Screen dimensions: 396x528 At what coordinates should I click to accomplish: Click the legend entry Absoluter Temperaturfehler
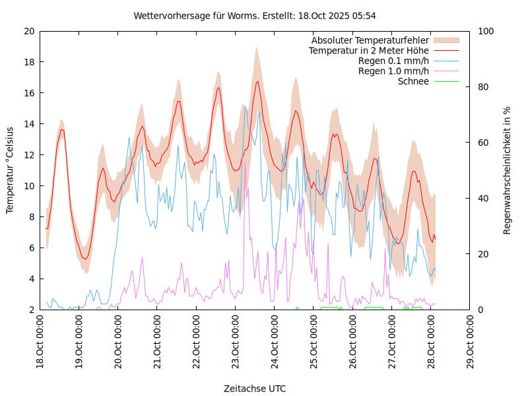370,40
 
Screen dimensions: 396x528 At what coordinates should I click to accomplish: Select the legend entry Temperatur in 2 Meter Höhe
369,50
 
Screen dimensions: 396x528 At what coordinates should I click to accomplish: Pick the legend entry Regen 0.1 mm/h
393,61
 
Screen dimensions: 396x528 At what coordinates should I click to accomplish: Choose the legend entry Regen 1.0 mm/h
393,71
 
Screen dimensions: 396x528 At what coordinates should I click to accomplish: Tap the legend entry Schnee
413,81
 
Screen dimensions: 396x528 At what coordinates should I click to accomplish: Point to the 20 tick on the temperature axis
29,31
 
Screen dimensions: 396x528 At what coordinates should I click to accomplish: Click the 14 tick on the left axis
29,124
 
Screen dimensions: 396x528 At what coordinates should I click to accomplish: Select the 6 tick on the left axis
32,248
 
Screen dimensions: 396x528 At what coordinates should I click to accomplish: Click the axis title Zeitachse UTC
255,388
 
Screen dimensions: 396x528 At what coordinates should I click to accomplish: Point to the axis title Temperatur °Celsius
10,170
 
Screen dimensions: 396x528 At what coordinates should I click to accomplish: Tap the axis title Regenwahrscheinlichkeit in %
508,170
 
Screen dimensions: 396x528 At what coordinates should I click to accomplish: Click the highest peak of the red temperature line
257,81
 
